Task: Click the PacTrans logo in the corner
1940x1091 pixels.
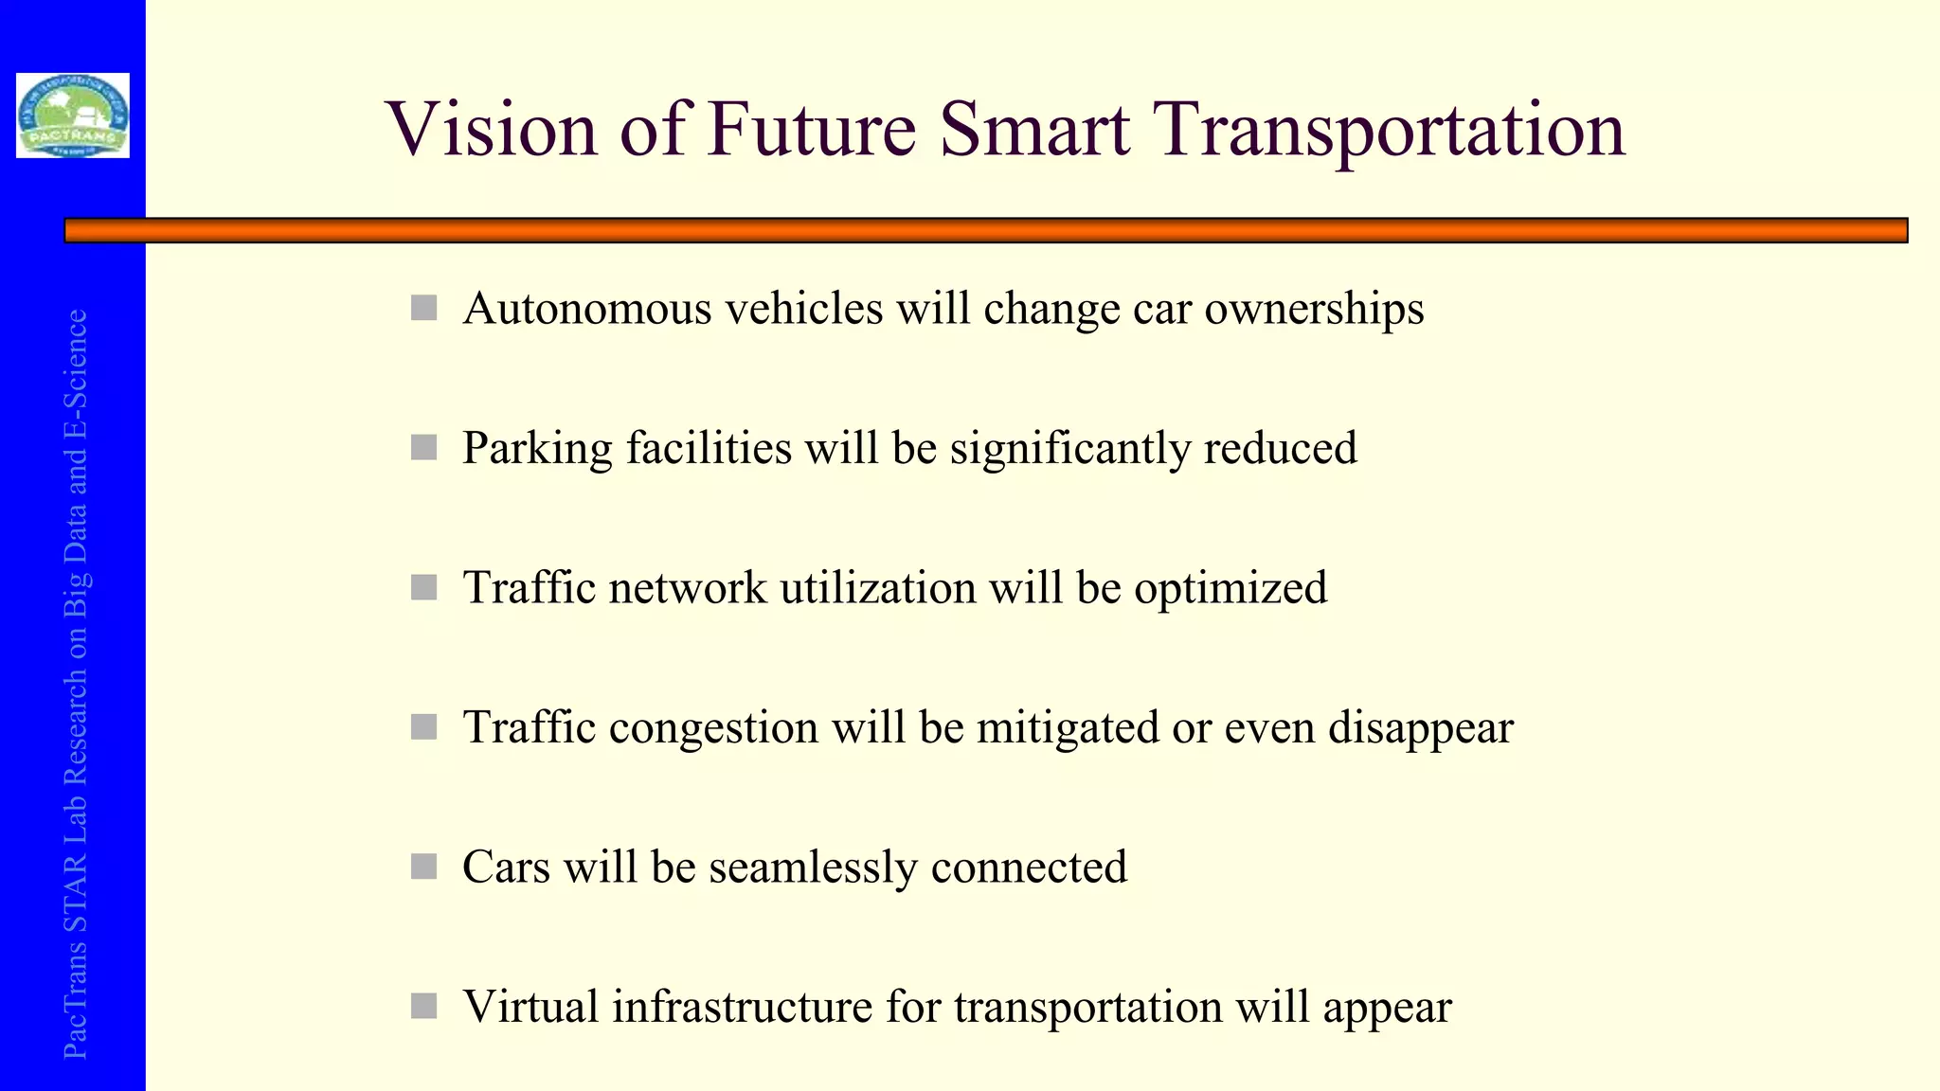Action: (73, 116)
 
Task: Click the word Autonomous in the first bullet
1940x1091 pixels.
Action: (586, 309)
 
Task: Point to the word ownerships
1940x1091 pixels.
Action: (1314, 309)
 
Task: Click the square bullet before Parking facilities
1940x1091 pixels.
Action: (423, 448)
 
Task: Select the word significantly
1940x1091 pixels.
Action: (1070, 448)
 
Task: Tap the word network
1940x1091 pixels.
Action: (688, 588)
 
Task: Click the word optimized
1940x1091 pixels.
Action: (1230, 588)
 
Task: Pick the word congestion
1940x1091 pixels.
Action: (713, 728)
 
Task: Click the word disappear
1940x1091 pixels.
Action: (1420, 728)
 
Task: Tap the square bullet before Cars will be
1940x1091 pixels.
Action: (423, 867)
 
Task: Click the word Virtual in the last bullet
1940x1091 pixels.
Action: (530, 1007)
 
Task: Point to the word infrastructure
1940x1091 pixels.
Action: (742, 1007)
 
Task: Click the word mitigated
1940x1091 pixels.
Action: (1068, 728)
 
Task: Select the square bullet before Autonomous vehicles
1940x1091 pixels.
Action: (423, 308)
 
